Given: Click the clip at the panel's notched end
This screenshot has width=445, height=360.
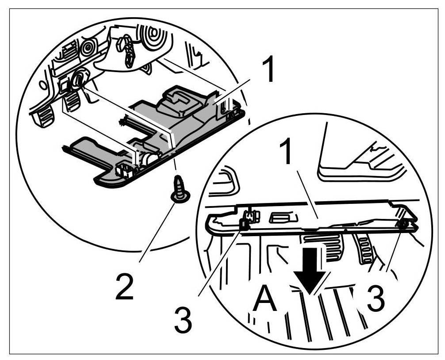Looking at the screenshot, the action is [x=403, y=225].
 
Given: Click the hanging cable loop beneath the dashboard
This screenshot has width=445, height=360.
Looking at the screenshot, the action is [x=127, y=53].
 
